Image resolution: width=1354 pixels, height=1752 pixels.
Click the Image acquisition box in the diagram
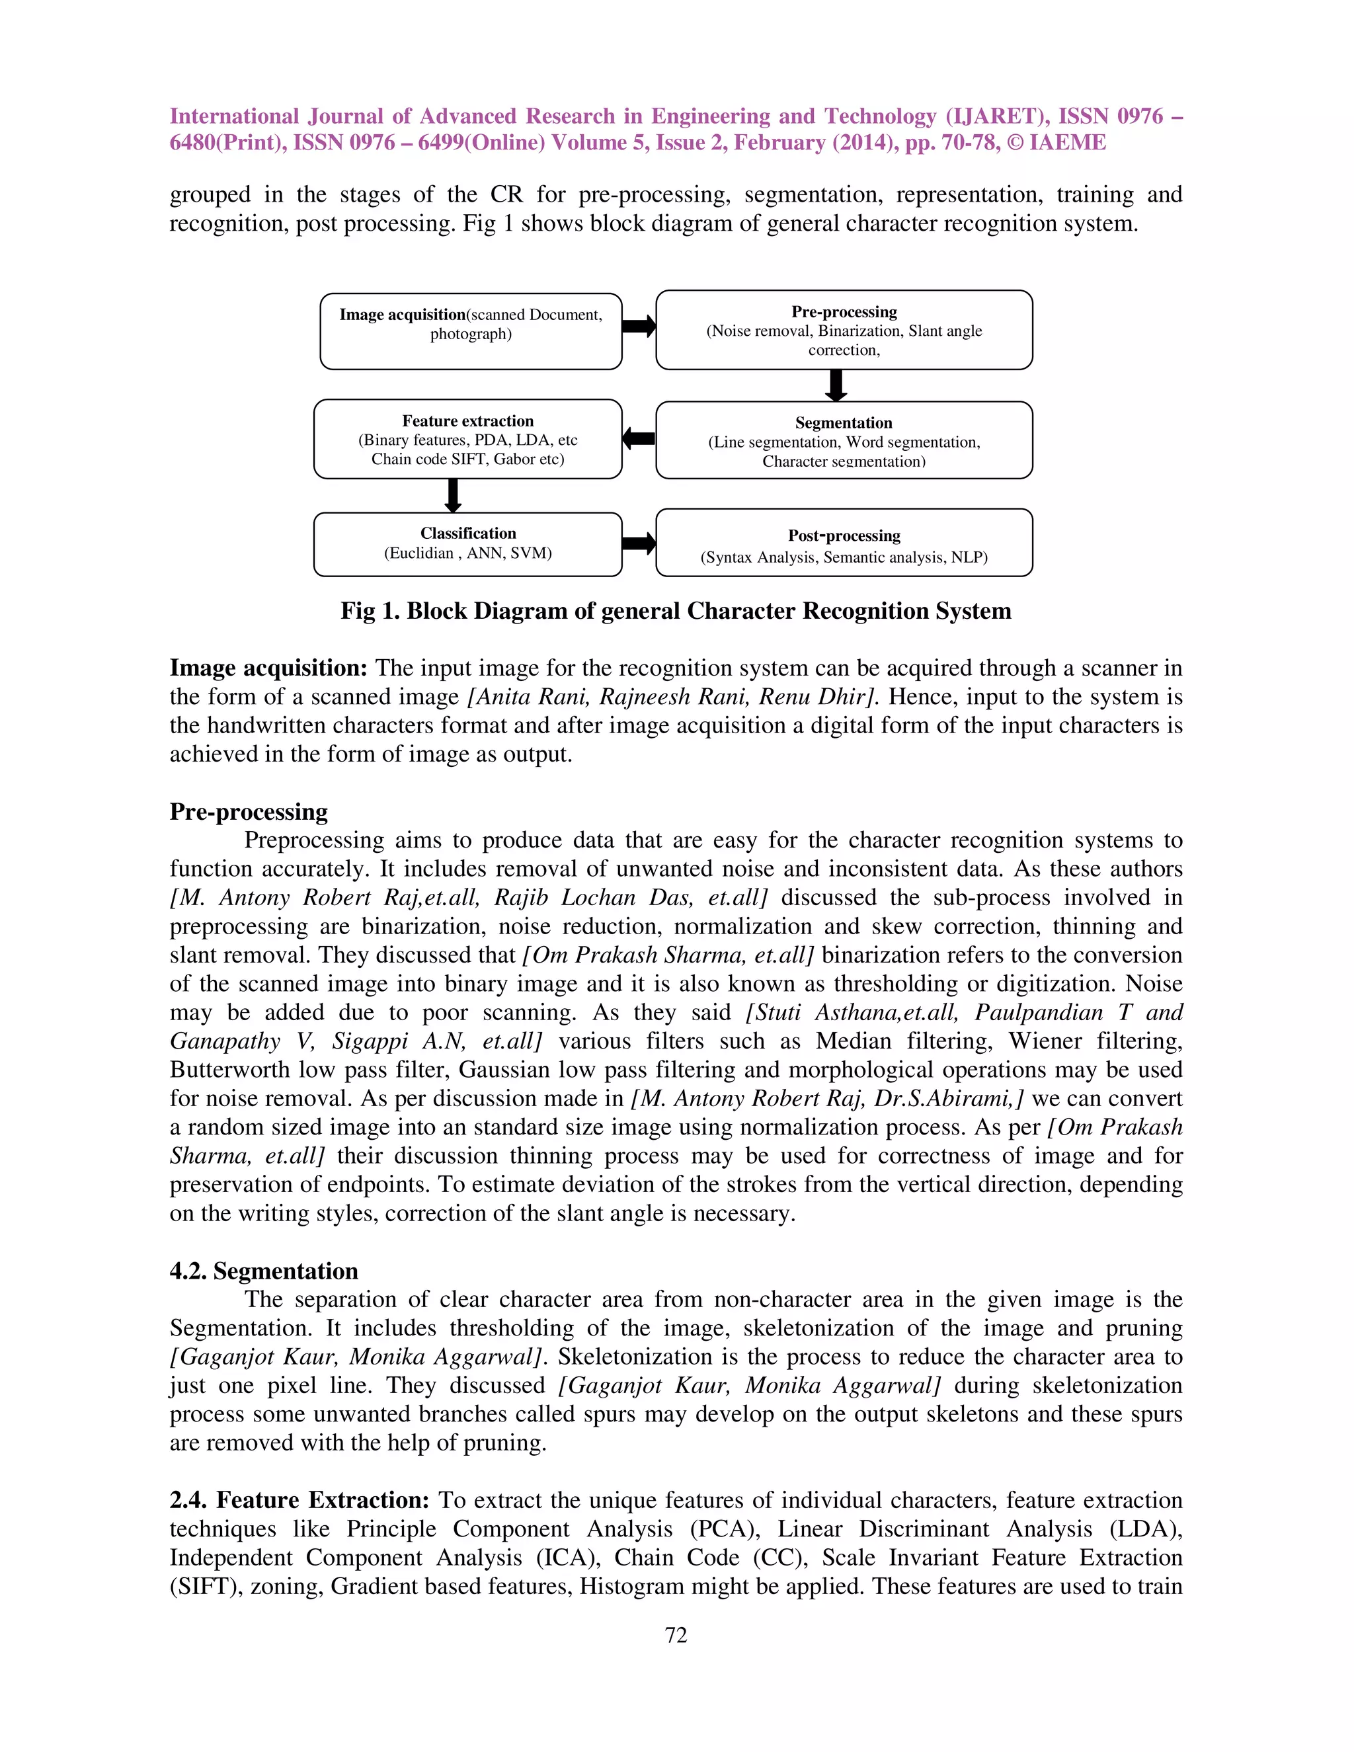click(x=471, y=331)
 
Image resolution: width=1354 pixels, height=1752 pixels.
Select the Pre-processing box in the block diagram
click(x=844, y=330)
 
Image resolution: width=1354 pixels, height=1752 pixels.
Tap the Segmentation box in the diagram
click(x=844, y=440)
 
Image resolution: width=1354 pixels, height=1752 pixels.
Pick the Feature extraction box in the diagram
click(x=467, y=439)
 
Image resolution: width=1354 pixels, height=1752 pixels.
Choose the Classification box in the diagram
click(x=467, y=544)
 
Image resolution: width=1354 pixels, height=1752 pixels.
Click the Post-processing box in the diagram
click(x=844, y=543)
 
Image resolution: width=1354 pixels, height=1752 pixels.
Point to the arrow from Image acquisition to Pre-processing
click(x=639, y=327)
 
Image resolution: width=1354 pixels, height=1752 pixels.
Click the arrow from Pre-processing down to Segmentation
click(x=836, y=385)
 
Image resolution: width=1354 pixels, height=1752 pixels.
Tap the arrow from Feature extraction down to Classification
click(x=452, y=496)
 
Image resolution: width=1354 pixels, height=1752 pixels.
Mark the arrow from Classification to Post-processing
click(x=639, y=544)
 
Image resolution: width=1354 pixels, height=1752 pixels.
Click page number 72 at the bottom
click(x=676, y=1635)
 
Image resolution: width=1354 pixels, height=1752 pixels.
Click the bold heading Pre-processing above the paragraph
click(x=249, y=811)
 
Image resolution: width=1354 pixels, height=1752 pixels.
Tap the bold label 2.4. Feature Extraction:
click(x=300, y=1499)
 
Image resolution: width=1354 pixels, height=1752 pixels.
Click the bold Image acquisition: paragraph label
click(x=268, y=668)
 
